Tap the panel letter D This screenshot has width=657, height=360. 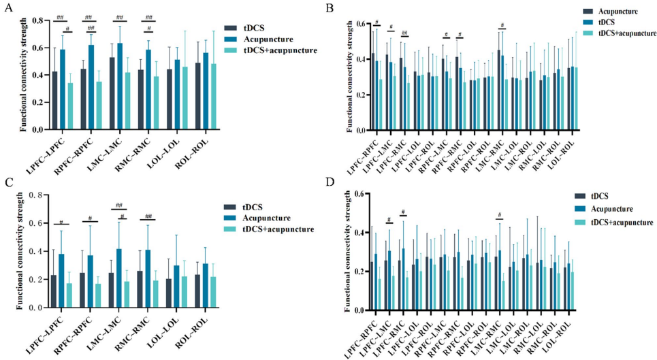pos(330,183)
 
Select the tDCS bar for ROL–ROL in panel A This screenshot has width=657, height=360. pos(197,96)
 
